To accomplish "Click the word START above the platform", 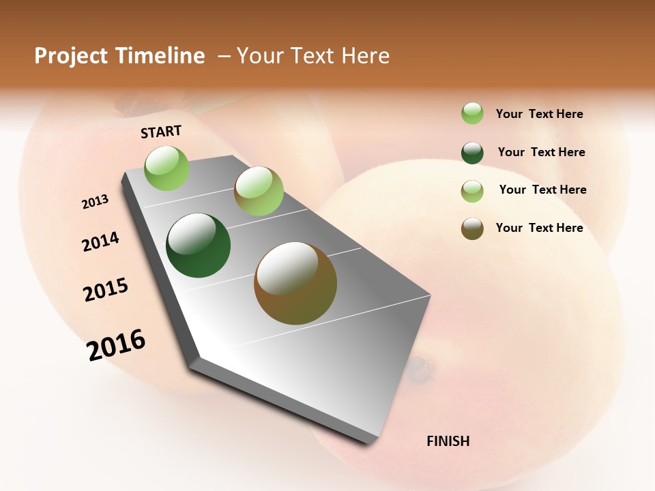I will (x=161, y=132).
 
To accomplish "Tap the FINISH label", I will (x=448, y=441).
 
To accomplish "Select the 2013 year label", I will (x=95, y=202).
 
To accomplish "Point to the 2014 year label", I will (x=100, y=242).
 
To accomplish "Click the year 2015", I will (x=106, y=290).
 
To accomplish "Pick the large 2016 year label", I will (x=116, y=344).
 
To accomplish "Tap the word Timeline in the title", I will (x=160, y=56).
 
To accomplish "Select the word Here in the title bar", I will (x=365, y=56).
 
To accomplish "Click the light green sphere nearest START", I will (x=167, y=168).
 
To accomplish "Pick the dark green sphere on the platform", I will (x=198, y=245).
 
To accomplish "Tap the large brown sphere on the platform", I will (x=295, y=283).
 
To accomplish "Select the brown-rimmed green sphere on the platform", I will (x=259, y=191).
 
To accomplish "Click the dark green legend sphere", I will (x=472, y=153).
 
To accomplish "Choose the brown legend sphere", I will (x=472, y=228).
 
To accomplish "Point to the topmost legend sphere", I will (x=472, y=114).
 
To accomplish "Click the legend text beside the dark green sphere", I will (x=541, y=152).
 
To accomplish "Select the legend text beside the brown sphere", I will (x=539, y=228).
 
